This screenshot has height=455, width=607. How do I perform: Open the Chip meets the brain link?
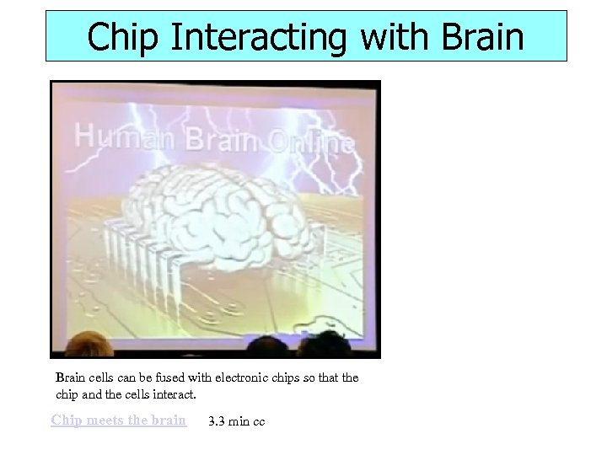pyautogui.click(x=118, y=420)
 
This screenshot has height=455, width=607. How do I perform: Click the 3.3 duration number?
pyautogui.click(x=216, y=421)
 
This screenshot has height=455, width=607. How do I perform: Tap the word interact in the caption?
pyautogui.click(x=174, y=394)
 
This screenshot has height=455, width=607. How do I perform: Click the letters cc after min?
pyautogui.click(x=258, y=421)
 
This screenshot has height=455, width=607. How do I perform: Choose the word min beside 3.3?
pyautogui.click(x=239, y=421)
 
